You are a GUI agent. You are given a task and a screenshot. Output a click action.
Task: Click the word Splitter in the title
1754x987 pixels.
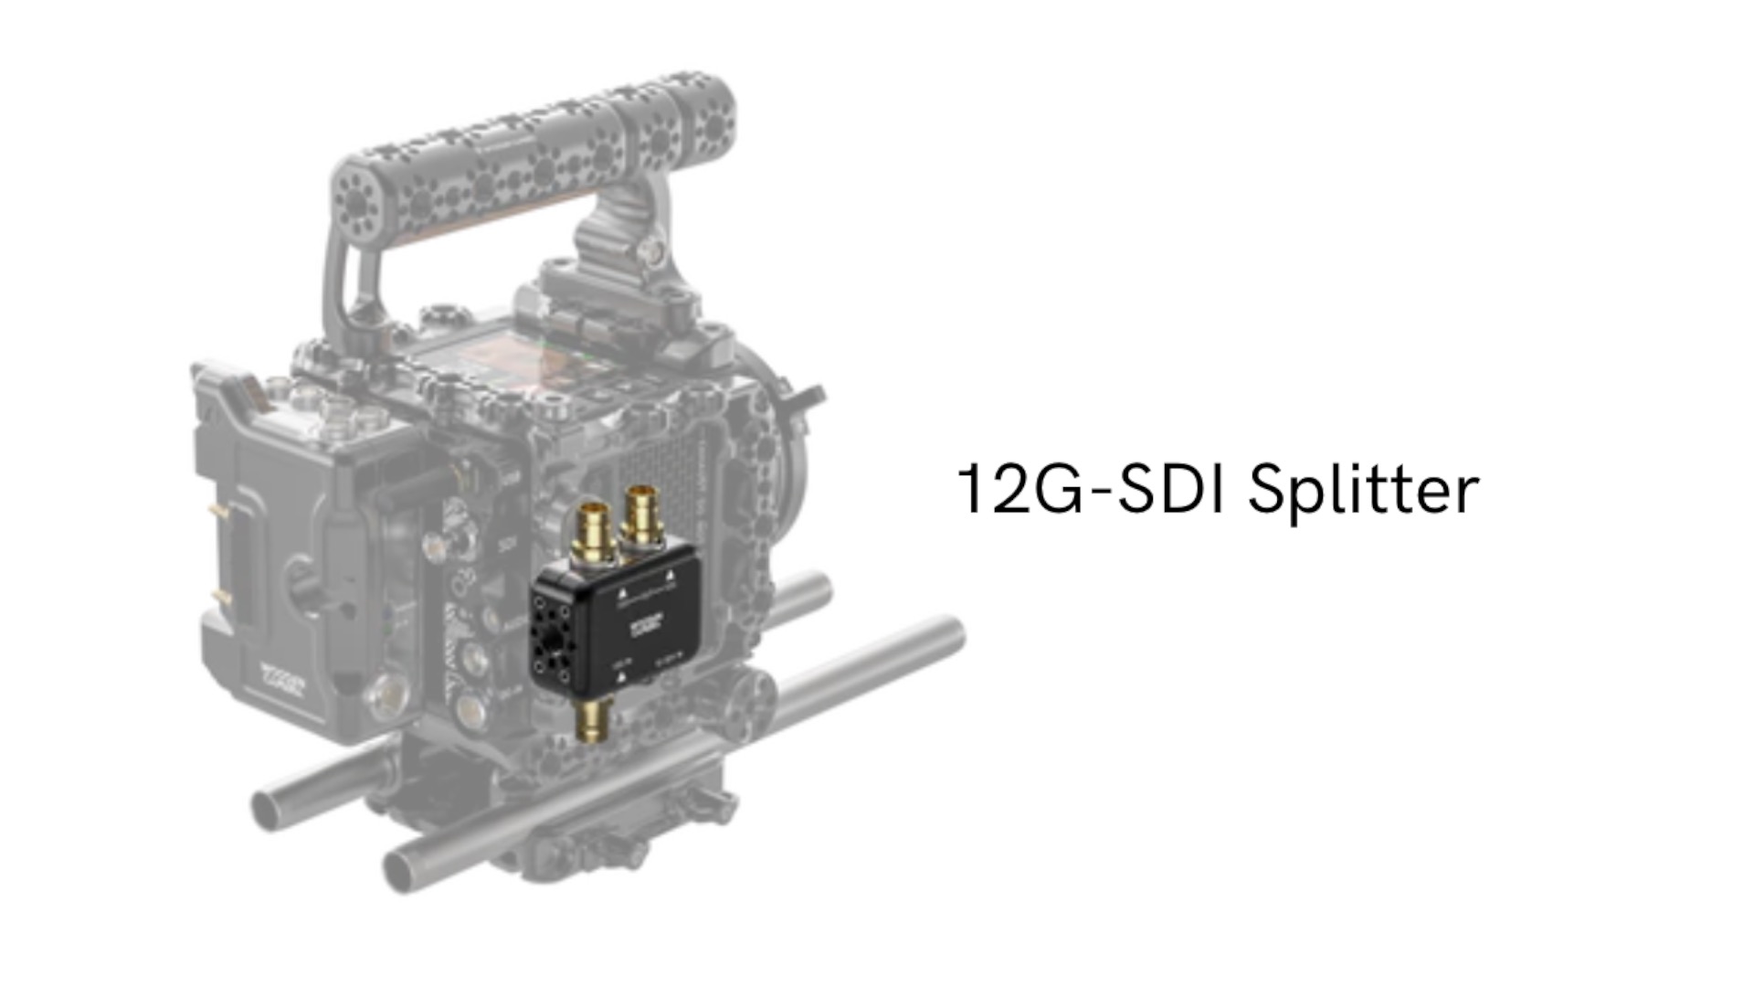(x=1363, y=490)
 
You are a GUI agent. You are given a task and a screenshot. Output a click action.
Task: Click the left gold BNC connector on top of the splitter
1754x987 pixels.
(x=590, y=534)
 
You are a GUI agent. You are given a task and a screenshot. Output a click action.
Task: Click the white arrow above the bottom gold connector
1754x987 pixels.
(x=620, y=679)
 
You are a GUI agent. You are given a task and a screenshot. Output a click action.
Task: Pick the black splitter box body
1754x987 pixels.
(x=639, y=621)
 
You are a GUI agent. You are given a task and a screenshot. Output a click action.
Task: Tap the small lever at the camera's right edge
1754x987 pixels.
(x=809, y=400)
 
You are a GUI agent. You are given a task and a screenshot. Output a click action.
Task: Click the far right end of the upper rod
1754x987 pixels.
(x=950, y=633)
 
